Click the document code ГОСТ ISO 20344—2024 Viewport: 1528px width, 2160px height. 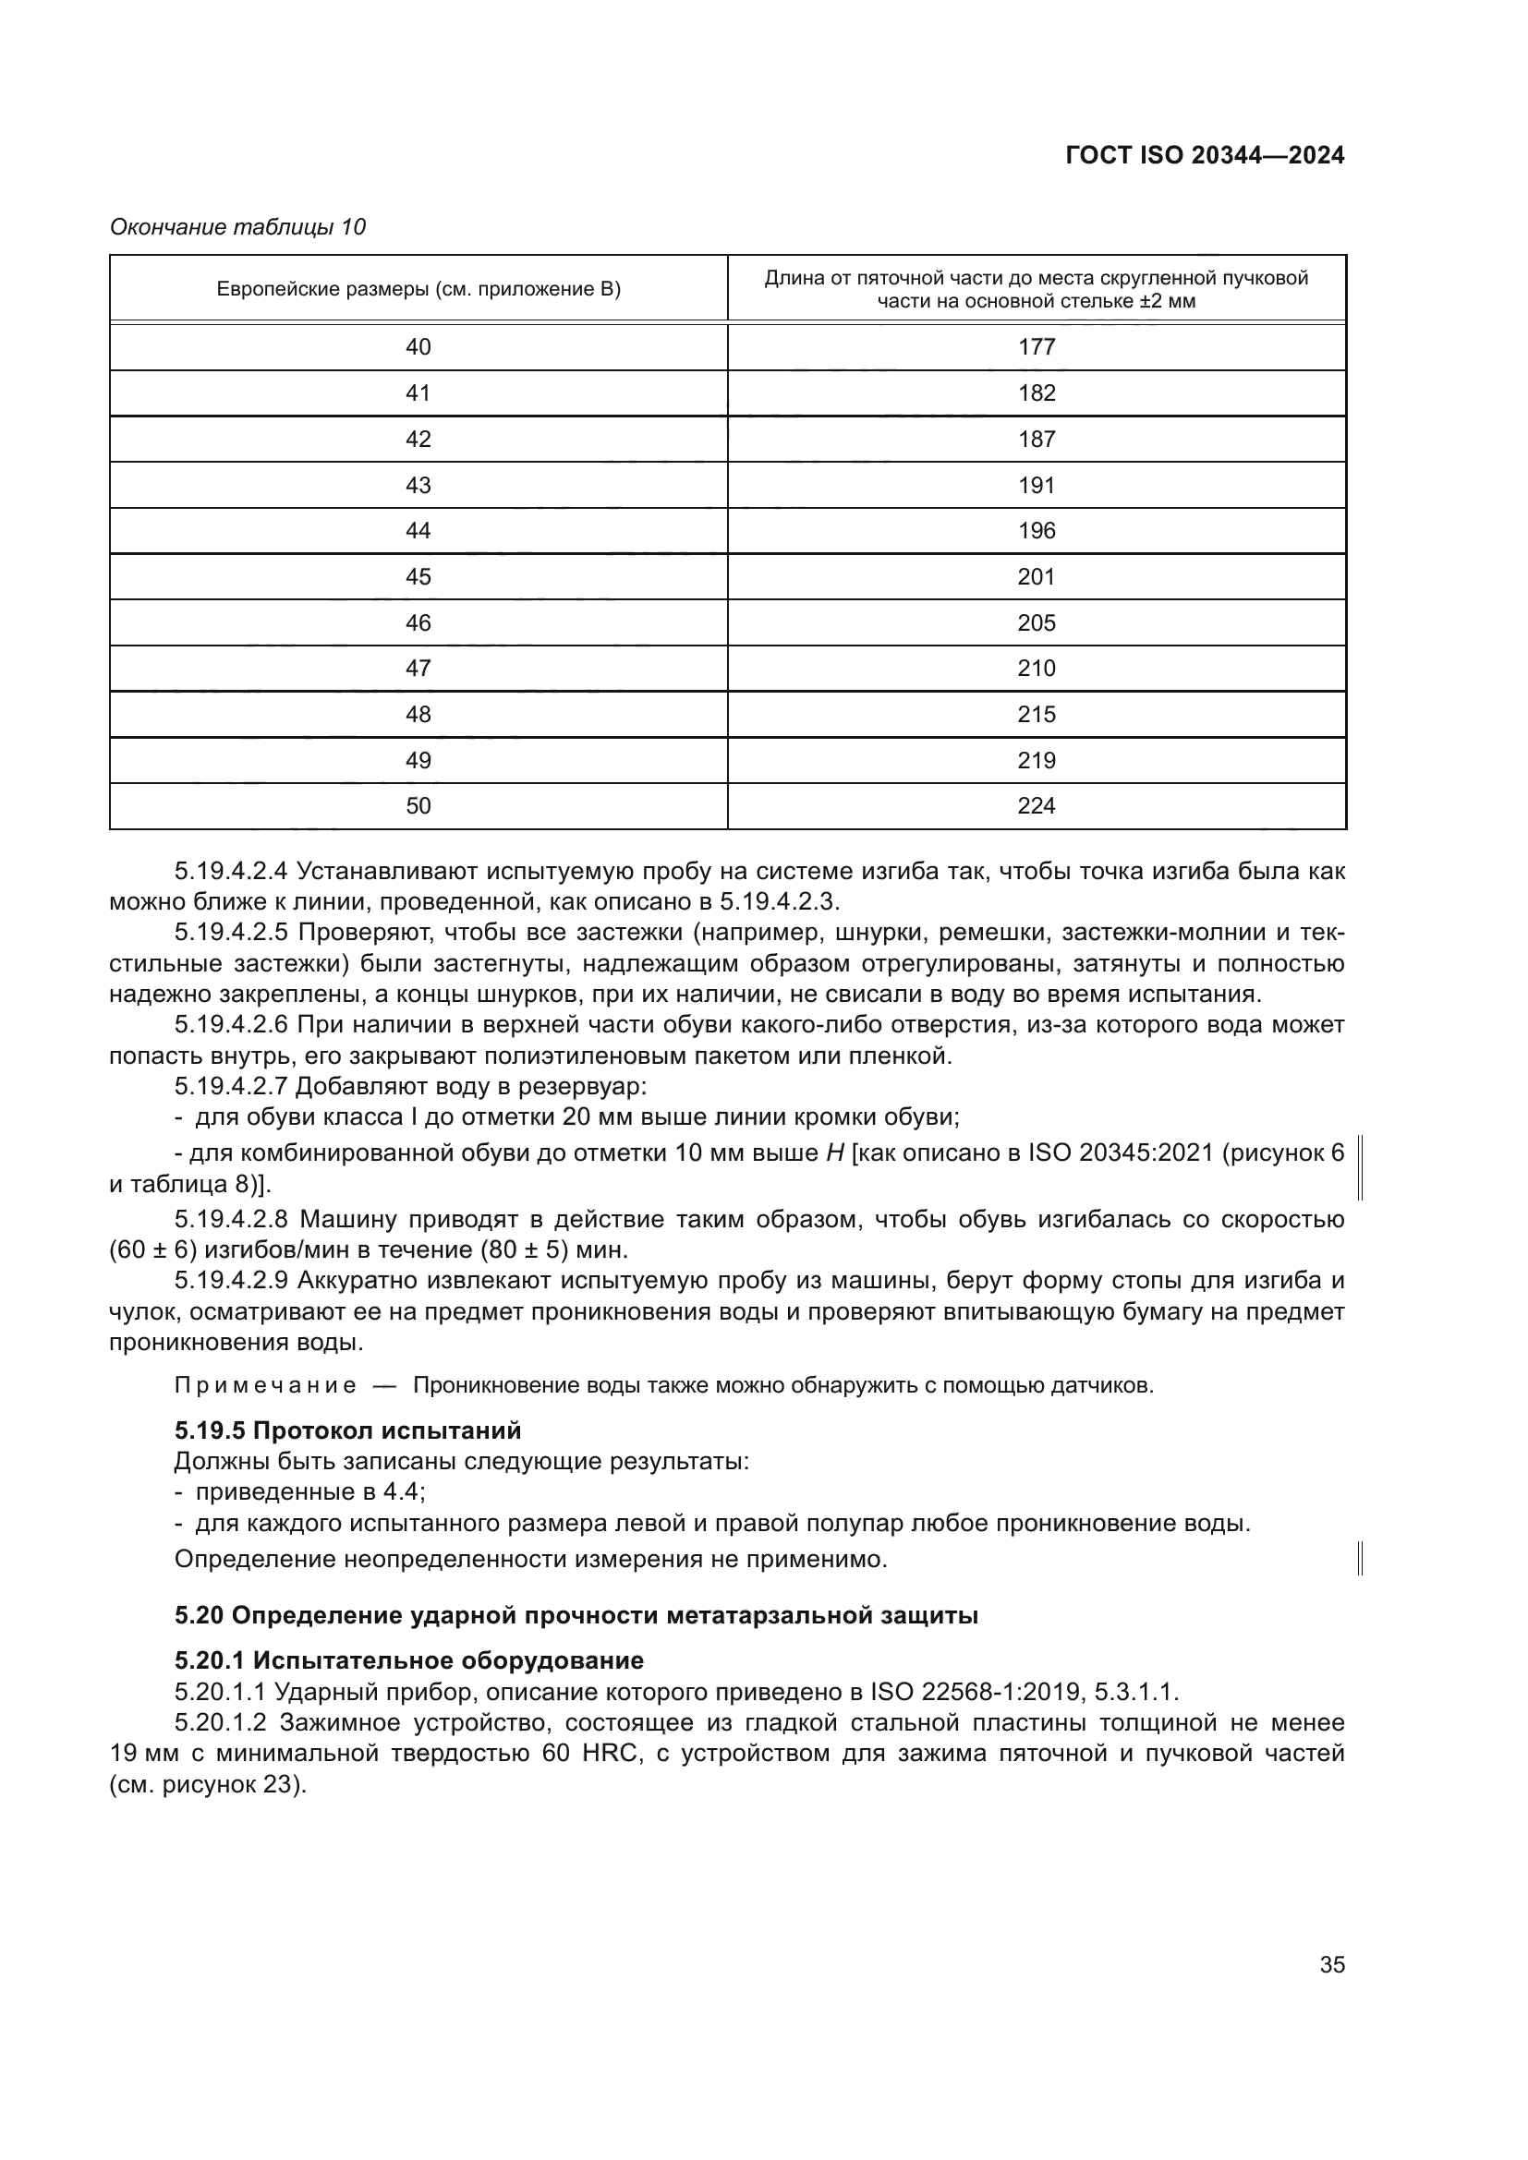tap(1205, 156)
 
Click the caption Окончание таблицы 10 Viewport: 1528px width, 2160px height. tap(238, 227)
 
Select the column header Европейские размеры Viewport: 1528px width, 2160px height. tap(418, 289)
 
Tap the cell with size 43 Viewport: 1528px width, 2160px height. tap(418, 486)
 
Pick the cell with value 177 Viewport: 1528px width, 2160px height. tap(1036, 347)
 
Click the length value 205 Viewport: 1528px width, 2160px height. tap(1036, 622)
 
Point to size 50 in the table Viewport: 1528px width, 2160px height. tap(418, 806)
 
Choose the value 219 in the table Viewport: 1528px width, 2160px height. tap(1036, 760)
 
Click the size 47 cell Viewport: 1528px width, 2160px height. tap(418, 669)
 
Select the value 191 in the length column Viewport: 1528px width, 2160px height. tap(1036, 486)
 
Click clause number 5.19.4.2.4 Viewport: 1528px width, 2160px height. tap(231, 872)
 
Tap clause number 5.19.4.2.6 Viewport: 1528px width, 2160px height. tap(231, 1024)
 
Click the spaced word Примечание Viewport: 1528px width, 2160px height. tap(265, 1386)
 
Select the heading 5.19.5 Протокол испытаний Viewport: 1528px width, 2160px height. tap(347, 1430)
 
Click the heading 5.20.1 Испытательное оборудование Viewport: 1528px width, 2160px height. tap(409, 1660)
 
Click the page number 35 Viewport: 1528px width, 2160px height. tap(1331, 1965)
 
